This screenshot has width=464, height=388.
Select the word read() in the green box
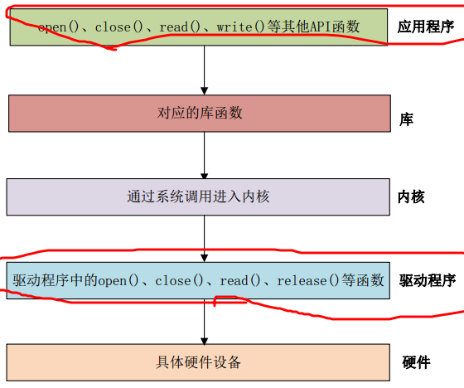(x=180, y=27)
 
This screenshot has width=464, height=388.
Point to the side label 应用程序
(x=426, y=27)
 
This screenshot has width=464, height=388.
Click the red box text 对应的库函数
(x=200, y=113)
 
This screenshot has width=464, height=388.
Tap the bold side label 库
(x=406, y=119)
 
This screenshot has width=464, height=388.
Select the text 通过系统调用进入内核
(x=198, y=196)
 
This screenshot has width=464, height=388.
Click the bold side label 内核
(x=411, y=197)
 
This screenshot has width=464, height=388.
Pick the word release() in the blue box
(x=307, y=280)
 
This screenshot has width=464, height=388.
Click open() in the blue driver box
(x=118, y=280)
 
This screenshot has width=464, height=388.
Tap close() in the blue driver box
(x=179, y=280)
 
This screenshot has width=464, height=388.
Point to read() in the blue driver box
(x=240, y=280)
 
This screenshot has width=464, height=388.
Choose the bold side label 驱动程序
(x=428, y=280)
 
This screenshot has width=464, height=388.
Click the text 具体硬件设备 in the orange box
(x=198, y=362)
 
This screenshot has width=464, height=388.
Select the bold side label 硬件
(x=416, y=362)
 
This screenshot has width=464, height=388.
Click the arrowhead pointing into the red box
(x=204, y=91)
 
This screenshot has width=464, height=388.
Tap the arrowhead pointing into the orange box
(x=204, y=341)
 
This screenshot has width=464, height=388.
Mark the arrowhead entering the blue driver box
(x=204, y=259)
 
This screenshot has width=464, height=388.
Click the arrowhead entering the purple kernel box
(x=204, y=176)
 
